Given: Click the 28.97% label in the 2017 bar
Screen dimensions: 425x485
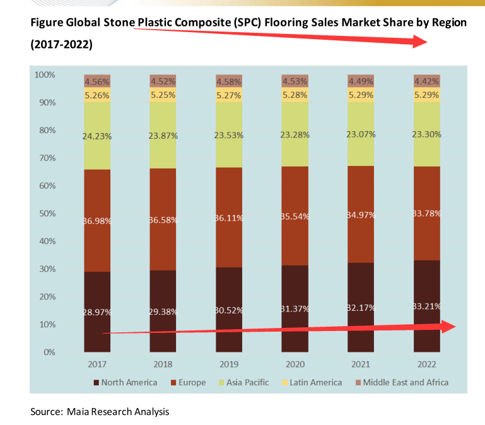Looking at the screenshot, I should pyautogui.click(x=97, y=312).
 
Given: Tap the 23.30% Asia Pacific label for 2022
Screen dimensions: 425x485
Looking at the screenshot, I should pyautogui.click(x=427, y=134).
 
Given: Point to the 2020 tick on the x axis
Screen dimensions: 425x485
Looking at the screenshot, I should pyautogui.click(x=295, y=364).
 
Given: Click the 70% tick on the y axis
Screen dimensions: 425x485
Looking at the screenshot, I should pyautogui.click(x=45, y=158).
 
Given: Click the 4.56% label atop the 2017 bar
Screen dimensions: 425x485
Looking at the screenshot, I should pyautogui.click(x=97, y=81).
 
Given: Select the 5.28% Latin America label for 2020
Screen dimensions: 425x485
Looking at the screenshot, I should pyautogui.click(x=295, y=95).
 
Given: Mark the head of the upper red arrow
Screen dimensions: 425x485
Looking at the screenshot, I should pyautogui.click(x=422, y=43).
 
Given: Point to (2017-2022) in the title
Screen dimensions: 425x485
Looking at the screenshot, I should pyautogui.click(x=61, y=45).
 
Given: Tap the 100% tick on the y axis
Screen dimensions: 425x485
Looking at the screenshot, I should pyautogui.click(x=45, y=75).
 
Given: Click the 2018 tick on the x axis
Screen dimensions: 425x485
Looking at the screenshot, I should pyautogui.click(x=163, y=364).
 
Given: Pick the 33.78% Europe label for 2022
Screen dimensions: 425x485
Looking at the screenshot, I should pyautogui.click(x=427, y=213).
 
